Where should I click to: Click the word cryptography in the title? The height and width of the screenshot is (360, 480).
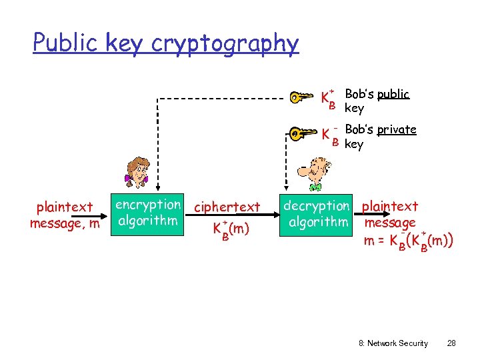(225, 44)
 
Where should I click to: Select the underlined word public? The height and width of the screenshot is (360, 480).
(393, 94)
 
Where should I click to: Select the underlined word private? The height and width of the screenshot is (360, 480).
(396, 129)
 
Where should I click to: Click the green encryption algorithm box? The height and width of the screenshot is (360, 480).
(148, 212)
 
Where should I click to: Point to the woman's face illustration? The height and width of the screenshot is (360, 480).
(137, 174)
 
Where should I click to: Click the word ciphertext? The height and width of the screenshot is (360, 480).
(227, 207)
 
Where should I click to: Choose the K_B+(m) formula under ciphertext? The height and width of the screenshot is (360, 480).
(230, 229)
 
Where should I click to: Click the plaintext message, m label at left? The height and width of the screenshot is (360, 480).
(65, 215)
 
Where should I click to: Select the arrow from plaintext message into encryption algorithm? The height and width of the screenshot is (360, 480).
(105, 215)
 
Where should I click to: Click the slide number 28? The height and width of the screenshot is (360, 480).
(451, 343)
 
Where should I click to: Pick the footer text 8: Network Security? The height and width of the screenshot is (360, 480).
(393, 343)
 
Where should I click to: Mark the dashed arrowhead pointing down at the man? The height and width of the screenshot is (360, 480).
(287, 187)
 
